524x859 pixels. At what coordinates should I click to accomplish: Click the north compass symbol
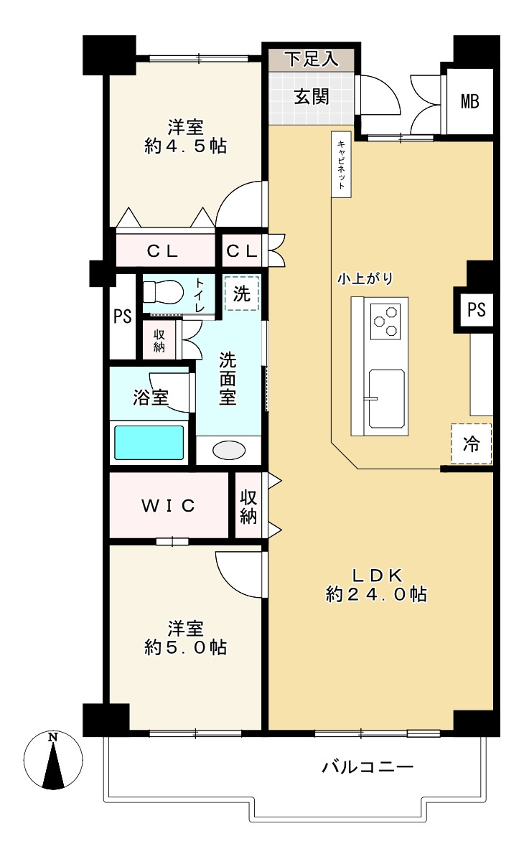click(52, 761)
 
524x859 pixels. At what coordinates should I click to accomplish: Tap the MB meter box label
click(469, 101)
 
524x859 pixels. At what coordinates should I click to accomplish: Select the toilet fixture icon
click(163, 292)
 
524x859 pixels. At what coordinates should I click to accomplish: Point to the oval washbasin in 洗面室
click(229, 451)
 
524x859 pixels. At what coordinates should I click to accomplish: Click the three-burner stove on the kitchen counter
click(384, 321)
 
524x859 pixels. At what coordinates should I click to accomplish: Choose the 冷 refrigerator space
click(472, 443)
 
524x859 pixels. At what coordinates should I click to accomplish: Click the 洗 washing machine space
click(241, 293)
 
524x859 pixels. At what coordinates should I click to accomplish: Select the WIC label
click(168, 505)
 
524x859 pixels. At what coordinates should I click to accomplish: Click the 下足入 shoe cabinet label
click(312, 59)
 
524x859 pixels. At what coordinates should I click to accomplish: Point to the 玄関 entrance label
click(312, 96)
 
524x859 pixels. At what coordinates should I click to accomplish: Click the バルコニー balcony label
click(368, 766)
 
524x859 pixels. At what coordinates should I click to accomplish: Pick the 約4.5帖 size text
click(186, 146)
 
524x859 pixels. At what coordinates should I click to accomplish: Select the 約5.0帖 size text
click(186, 647)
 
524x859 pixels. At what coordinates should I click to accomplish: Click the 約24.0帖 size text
click(377, 594)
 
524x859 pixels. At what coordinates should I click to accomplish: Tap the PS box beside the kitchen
click(476, 309)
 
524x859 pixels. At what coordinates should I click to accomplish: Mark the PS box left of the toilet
click(123, 316)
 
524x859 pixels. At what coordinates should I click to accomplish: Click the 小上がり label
click(365, 278)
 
